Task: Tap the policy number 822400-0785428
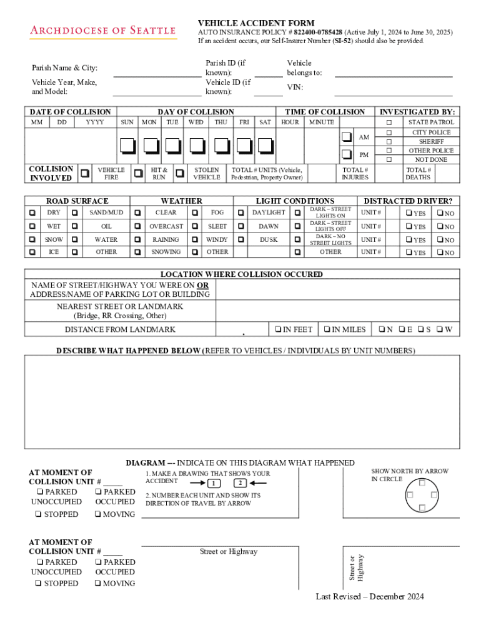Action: click(318, 32)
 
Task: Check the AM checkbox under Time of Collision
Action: click(347, 137)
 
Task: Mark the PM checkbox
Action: click(347, 154)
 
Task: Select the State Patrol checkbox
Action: click(389, 122)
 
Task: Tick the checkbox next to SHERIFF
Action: click(389, 142)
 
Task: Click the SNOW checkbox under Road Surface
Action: click(32, 239)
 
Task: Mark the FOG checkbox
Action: click(196, 212)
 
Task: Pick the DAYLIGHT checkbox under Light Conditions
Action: click(241, 212)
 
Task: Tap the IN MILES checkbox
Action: click(325, 329)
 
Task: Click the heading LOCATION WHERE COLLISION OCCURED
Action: click(242, 274)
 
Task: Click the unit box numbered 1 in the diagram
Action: click(214, 484)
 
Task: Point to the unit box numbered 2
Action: click(241, 483)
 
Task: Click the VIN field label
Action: click(295, 87)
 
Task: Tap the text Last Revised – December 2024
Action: click(370, 596)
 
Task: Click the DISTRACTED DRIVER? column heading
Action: click(408, 201)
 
